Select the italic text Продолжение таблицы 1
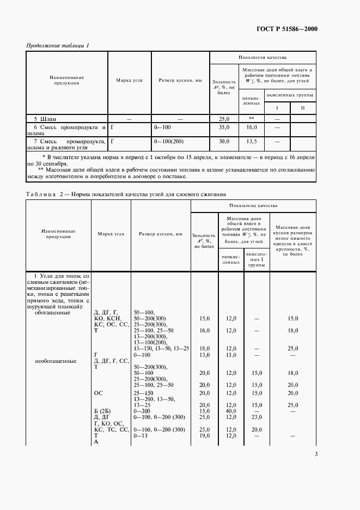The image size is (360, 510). pos(58,45)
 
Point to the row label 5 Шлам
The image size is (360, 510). pos(45,118)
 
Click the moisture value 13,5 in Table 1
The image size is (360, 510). pos(251,141)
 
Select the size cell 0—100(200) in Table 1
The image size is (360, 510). pos(172,141)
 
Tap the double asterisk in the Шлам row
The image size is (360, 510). pos(251,118)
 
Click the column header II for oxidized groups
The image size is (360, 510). pos(302,107)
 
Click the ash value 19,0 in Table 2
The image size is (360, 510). pos(205,435)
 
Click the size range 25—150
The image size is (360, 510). pos(144,392)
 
